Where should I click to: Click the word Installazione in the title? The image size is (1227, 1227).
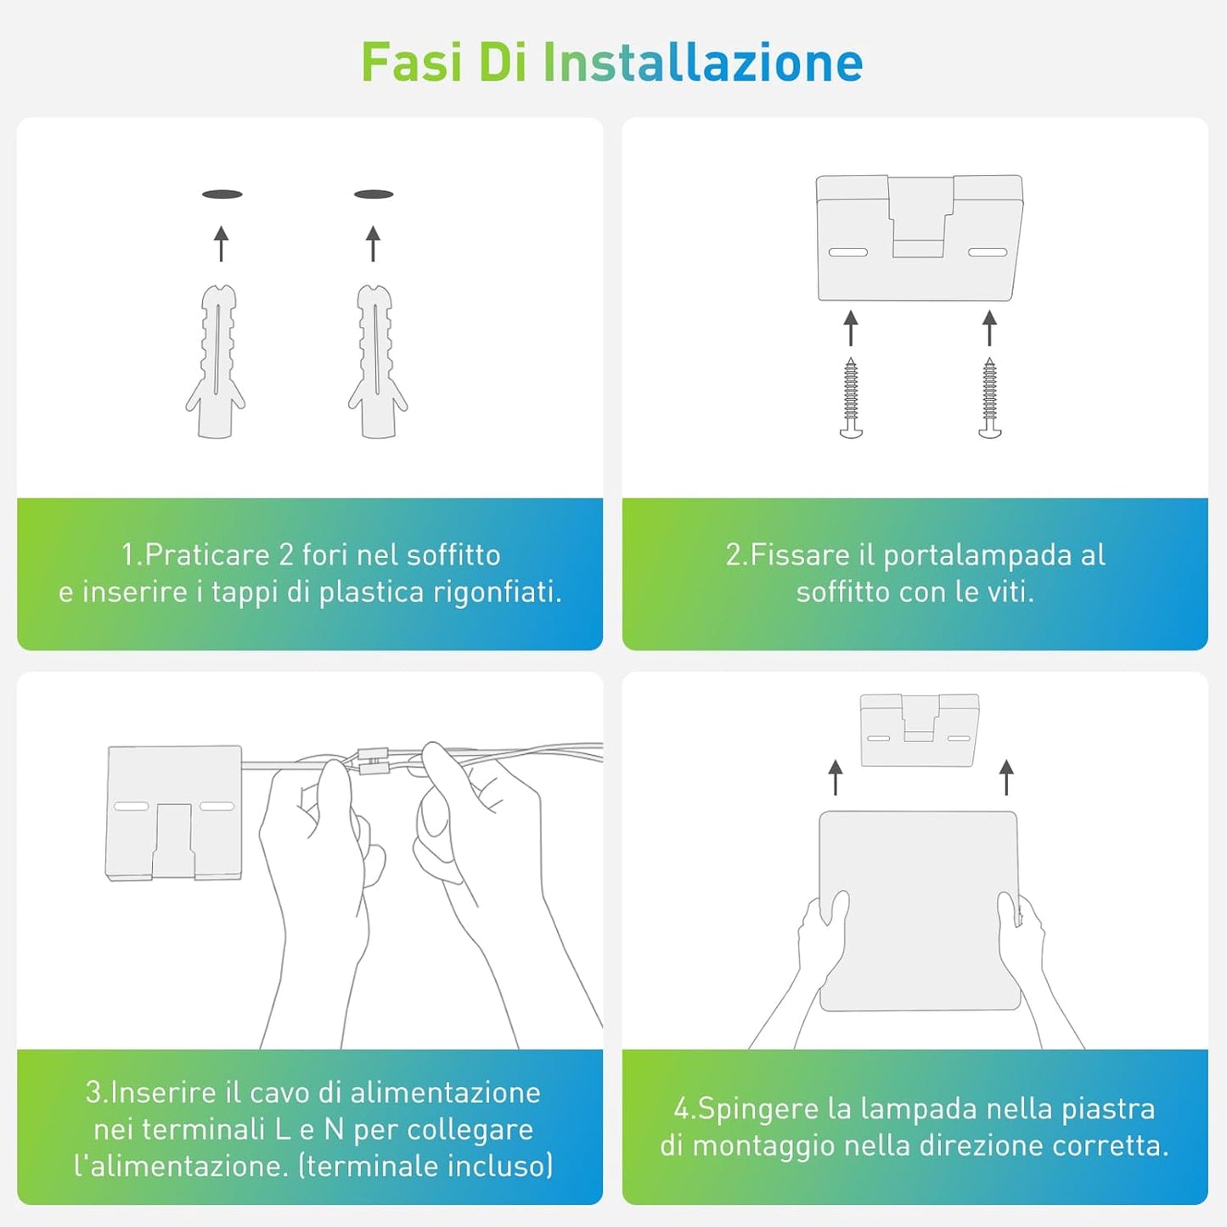tap(703, 62)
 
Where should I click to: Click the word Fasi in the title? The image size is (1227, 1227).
tap(412, 62)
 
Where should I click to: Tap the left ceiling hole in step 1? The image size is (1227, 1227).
tap(222, 194)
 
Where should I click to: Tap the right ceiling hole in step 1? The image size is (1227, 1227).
tap(374, 194)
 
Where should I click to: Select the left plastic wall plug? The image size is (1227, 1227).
tap(216, 361)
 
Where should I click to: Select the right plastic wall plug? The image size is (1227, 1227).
tap(378, 361)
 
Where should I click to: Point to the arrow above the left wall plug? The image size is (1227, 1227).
tap(221, 243)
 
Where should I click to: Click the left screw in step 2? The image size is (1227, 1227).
tap(851, 398)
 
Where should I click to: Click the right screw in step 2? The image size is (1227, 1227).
tap(989, 398)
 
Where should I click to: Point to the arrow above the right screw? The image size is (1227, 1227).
tap(989, 328)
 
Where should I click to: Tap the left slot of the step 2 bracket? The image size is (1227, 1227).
tap(848, 252)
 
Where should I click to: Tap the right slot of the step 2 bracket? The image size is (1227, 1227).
tap(988, 252)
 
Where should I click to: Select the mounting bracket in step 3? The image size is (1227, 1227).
tap(174, 813)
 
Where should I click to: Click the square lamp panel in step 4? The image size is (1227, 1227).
tap(919, 910)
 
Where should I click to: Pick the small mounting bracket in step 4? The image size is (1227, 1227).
tap(919, 729)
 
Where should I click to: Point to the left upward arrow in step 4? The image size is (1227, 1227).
tap(836, 777)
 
